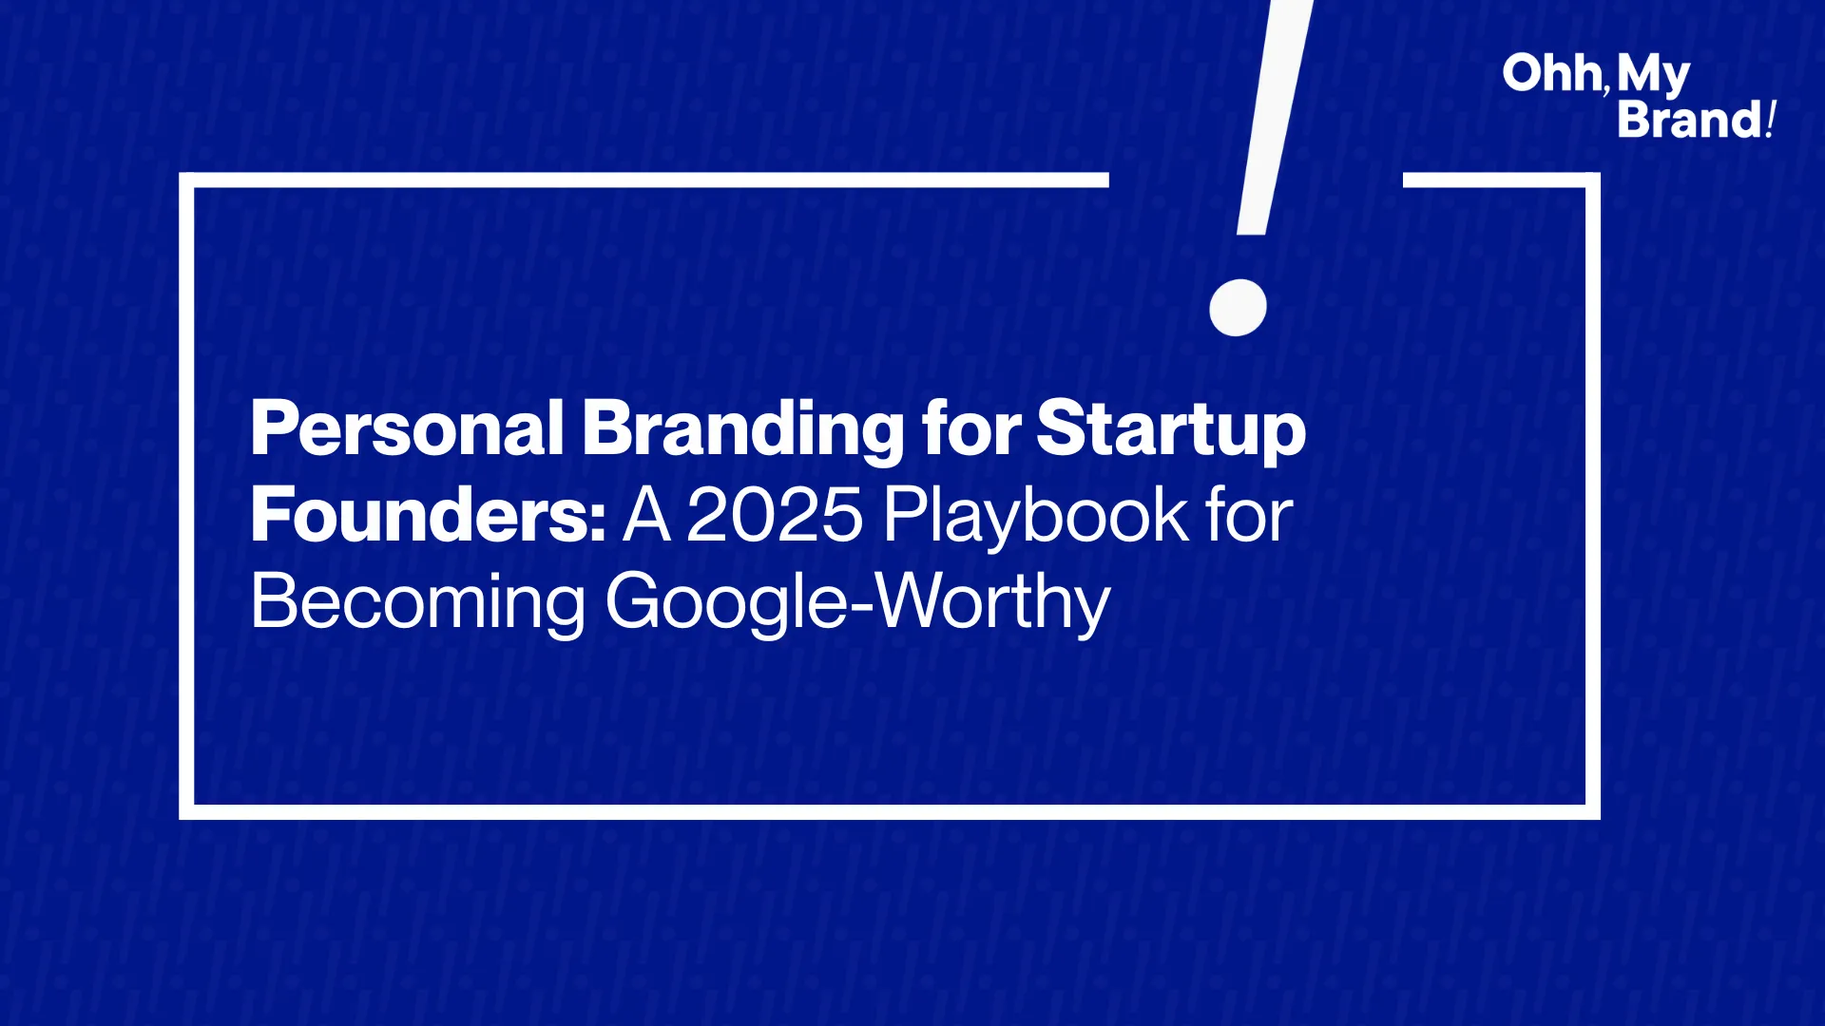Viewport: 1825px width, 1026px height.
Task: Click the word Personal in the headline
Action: click(x=408, y=429)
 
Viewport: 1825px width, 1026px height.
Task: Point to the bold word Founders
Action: click(x=428, y=515)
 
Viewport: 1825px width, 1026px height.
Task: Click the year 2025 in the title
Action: click(x=774, y=515)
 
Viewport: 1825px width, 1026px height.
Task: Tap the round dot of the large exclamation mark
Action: click(x=1238, y=308)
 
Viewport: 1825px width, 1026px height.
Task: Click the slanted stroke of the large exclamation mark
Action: click(x=1275, y=117)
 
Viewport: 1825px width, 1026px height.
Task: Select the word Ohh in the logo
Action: click(x=1551, y=74)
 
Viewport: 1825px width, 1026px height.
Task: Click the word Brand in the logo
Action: click(x=1690, y=120)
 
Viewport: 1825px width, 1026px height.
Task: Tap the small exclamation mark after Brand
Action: click(x=1770, y=120)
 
